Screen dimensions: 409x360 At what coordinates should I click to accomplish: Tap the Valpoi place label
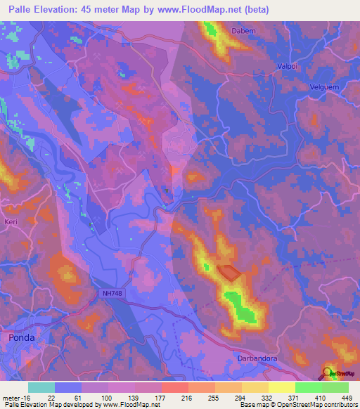[284, 65]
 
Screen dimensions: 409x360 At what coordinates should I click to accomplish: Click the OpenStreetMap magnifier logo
[328, 372]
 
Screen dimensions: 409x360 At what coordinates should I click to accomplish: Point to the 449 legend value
[347, 398]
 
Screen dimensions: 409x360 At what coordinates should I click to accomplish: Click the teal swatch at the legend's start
[41, 387]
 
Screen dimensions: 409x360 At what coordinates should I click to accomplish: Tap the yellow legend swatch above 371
[281, 387]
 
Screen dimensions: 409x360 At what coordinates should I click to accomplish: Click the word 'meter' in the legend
[11, 398]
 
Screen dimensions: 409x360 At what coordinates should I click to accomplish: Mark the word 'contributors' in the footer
[340, 405]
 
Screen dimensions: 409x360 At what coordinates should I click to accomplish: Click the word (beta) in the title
[255, 10]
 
